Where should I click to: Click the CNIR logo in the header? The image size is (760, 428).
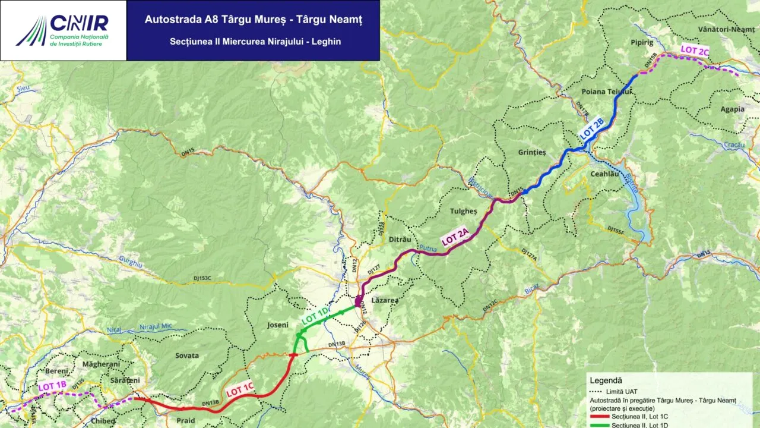coord(63,30)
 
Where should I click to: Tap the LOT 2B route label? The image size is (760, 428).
coord(591,130)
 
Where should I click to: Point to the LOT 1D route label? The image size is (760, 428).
coord(315,315)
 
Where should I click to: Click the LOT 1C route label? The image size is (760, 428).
coord(240,388)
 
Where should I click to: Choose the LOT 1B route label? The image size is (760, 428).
coord(52,386)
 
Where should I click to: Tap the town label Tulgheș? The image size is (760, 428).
coord(463,212)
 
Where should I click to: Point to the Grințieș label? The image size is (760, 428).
coord(531,152)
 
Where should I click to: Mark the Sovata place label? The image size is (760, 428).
coord(187,355)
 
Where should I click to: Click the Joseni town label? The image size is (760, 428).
coord(278,325)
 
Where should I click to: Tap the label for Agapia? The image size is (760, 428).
coord(732,109)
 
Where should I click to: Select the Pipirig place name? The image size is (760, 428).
coord(642,43)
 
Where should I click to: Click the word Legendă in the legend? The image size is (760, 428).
coord(606,380)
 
